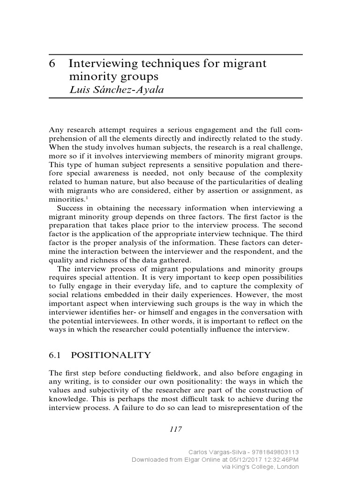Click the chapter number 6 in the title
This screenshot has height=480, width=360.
pyautogui.click(x=52, y=64)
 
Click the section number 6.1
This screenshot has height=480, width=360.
pyautogui.click(x=56, y=355)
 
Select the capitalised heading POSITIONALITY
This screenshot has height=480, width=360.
pyautogui.click(x=114, y=355)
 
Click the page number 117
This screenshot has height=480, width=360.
pyautogui.click(x=175, y=429)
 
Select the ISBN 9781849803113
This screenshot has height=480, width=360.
pyautogui.click(x=272, y=452)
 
